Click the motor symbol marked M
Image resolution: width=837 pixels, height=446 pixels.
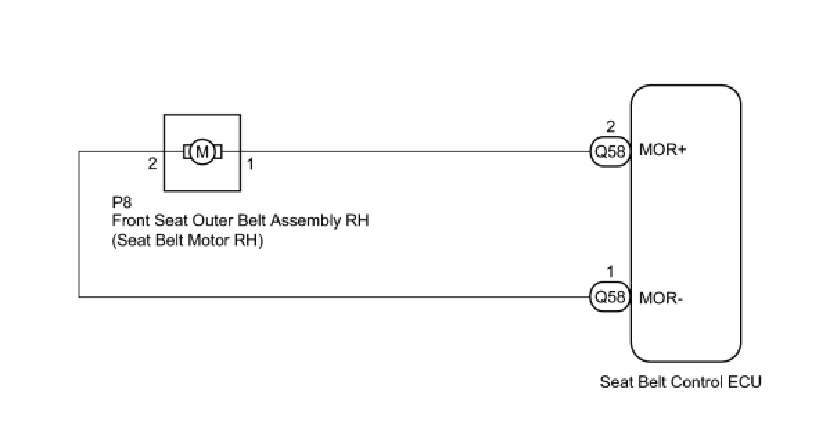[202, 152]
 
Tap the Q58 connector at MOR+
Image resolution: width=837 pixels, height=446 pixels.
[610, 151]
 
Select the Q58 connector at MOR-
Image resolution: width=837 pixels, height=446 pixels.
[610, 296]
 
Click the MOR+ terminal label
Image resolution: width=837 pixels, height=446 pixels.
[662, 150]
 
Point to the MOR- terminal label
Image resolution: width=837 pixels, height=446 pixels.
[660, 298]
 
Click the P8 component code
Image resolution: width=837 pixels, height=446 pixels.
[122, 202]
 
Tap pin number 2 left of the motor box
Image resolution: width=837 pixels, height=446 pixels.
[152, 163]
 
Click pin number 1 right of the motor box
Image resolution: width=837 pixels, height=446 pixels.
[250, 163]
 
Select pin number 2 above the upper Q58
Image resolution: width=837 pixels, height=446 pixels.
[610, 127]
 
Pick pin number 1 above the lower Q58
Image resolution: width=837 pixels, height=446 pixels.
[610, 271]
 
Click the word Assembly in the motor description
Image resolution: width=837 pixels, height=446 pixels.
[306, 221]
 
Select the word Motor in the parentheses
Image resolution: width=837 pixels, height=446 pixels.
[208, 240]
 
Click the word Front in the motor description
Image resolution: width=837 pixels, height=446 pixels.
[131, 220]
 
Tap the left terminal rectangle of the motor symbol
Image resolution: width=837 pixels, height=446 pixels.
[187, 152]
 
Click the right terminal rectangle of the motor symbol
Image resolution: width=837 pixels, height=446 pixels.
[218, 152]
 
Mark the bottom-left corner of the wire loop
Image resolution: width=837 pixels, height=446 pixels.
[79, 297]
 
